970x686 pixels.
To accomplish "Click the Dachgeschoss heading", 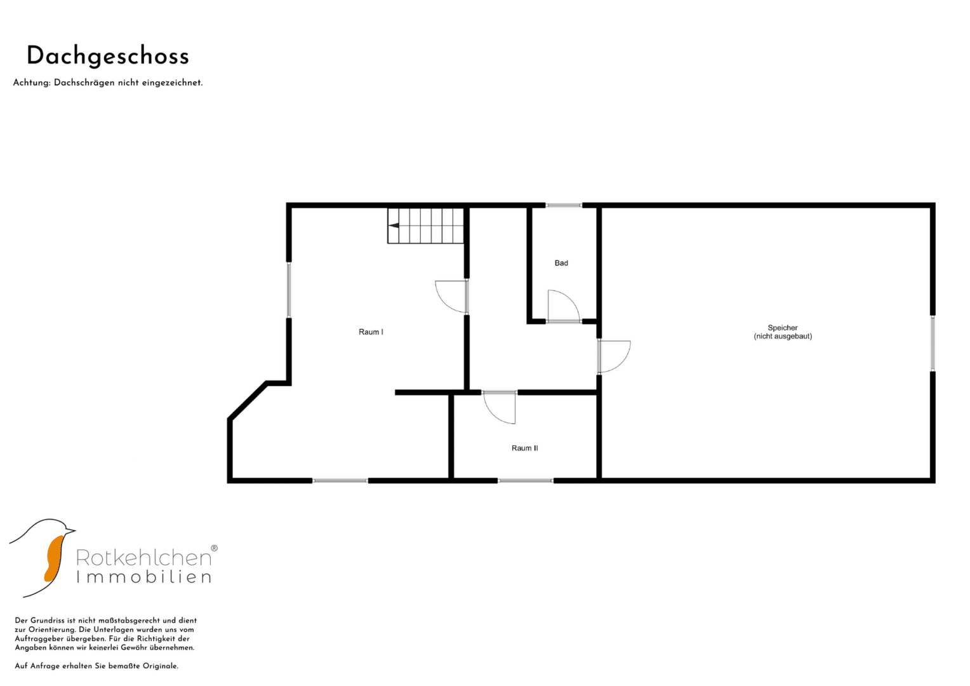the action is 108,57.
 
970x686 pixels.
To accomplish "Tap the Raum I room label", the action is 371,332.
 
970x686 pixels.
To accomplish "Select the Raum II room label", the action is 524,448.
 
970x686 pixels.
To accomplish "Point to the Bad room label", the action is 561,263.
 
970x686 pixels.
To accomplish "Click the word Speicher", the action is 783,328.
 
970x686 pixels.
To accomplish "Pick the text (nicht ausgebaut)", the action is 783,336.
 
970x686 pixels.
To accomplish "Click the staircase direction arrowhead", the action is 394,225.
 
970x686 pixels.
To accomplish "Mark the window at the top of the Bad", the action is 563,205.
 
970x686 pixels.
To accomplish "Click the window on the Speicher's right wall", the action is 933,343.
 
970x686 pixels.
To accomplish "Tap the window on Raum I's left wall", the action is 289,290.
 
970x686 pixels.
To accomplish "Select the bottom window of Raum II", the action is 525,481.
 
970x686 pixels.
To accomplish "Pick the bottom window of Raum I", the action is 340,481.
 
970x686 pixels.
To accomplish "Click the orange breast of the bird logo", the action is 55,558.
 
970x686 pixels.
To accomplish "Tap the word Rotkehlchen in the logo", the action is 144,558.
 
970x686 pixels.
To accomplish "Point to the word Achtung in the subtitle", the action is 32,83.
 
